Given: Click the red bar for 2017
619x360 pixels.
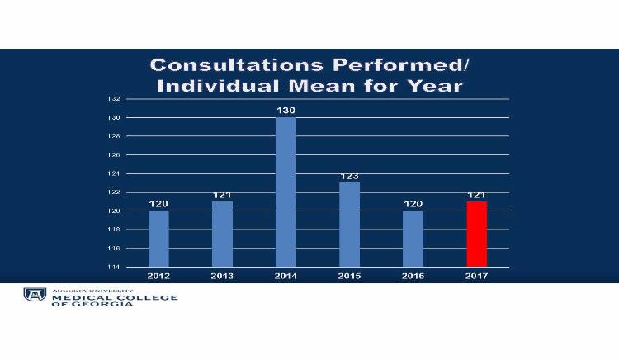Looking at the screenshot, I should pos(477,234).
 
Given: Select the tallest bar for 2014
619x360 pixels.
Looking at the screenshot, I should pos(286,192).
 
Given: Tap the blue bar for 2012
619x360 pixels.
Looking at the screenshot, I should pos(158,239).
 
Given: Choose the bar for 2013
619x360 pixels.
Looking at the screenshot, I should pos(222,234).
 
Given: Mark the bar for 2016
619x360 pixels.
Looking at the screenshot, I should pos(413,239).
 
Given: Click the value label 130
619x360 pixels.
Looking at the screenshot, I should pos(286,110).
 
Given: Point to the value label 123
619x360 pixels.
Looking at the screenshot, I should pos(349,175).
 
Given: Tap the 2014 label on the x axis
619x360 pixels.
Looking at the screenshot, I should pos(286,276).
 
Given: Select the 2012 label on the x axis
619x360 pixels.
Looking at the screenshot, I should pos(158,276).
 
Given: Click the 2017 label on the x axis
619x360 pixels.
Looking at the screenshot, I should pos(477,276).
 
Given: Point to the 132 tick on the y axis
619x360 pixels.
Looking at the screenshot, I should pos(114,99).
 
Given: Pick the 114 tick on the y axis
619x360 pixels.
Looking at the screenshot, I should pos(114,267).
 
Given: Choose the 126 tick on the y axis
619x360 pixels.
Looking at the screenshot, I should pos(114,155).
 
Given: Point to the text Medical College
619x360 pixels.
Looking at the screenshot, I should pos(114,297).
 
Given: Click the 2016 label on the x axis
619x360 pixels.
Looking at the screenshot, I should pos(413,276).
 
